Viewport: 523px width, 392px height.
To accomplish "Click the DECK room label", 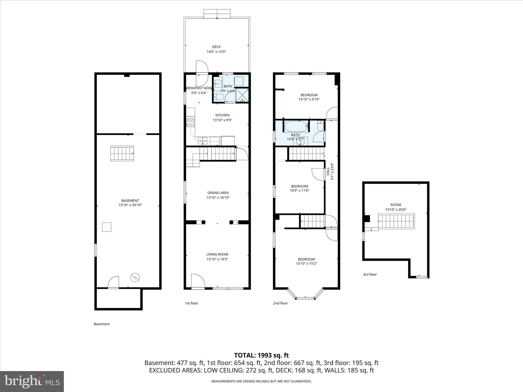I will [x=216, y=47].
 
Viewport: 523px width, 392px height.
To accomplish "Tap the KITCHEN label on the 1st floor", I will [x=222, y=115].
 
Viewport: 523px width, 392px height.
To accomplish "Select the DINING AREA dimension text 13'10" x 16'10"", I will [x=218, y=198].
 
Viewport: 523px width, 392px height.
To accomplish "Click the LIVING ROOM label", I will [x=217, y=254].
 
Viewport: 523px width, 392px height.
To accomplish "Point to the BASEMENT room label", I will [x=130, y=201].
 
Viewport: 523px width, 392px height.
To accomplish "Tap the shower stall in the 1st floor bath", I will [x=242, y=95].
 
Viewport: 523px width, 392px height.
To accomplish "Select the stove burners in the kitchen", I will [x=191, y=122].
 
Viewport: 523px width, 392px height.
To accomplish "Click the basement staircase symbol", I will [x=122, y=153].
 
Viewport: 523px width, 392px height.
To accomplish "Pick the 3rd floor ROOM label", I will [x=396, y=205].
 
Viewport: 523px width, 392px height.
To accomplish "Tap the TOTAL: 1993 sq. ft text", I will [x=261, y=355].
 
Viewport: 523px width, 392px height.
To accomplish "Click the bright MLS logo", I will [x=32, y=381].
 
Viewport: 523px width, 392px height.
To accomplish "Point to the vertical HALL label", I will [x=328, y=171].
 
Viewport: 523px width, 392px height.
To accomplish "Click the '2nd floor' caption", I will [x=280, y=303].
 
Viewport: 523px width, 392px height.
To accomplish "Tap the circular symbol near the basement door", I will [x=135, y=277].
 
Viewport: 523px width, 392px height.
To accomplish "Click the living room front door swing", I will [x=198, y=281].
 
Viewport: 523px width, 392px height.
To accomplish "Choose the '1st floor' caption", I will [x=191, y=303].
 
